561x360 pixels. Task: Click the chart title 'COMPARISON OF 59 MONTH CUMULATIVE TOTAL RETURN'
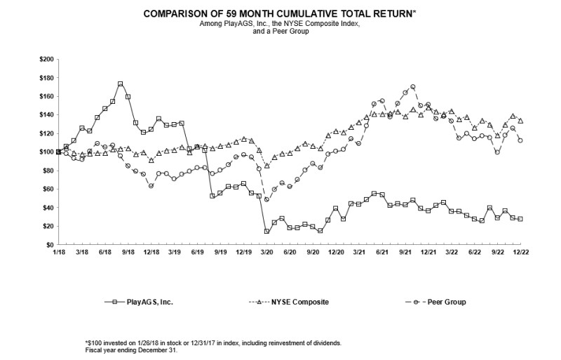(x=280, y=13)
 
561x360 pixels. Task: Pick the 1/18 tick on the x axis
(x=58, y=251)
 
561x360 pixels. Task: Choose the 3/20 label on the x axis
(x=266, y=251)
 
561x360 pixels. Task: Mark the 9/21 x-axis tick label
(x=405, y=251)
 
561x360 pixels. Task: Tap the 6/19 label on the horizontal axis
(x=197, y=251)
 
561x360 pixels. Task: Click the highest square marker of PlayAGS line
(x=121, y=84)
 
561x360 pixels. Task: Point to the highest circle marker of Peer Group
(x=413, y=87)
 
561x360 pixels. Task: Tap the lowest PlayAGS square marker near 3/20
(x=266, y=231)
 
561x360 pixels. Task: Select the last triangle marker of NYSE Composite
(x=520, y=121)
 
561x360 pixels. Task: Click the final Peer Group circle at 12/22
(x=520, y=140)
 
